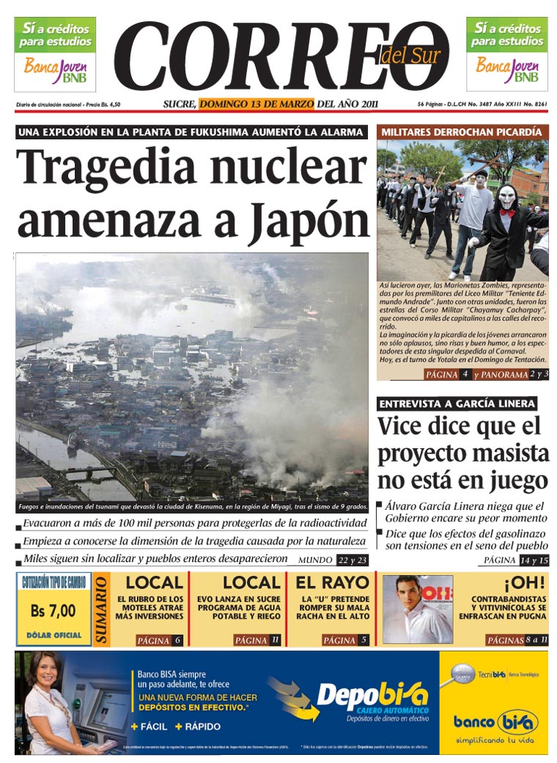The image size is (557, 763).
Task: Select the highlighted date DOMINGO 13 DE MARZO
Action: tap(257, 103)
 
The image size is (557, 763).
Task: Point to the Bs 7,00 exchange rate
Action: tap(53, 610)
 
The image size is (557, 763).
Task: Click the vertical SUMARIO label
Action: tap(102, 610)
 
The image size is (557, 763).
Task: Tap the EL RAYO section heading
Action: tap(332, 583)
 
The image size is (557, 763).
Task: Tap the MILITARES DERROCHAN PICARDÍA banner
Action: tap(462, 132)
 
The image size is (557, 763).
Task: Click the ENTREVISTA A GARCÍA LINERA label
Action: tap(457, 404)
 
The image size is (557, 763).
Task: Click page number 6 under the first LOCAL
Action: tap(177, 640)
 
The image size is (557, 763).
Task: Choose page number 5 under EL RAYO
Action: tap(364, 640)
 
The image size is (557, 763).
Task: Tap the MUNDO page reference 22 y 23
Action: tap(353, 561)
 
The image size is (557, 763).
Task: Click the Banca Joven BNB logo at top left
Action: tap(55, 69)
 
